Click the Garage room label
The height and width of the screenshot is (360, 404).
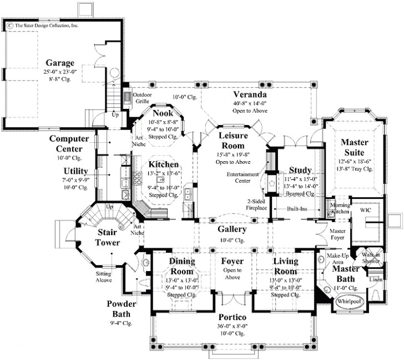click(59, 62)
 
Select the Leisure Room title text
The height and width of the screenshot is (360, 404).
click(233, 141)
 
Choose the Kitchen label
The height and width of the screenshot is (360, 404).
click(163, 165)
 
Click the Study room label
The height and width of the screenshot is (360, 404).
click(300, 170)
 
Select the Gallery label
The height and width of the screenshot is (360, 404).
click(228, 229)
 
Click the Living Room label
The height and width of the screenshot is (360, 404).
click(286, 266)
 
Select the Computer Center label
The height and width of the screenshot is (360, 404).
click(73, 143)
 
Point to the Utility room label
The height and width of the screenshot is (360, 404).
click(76, 171)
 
